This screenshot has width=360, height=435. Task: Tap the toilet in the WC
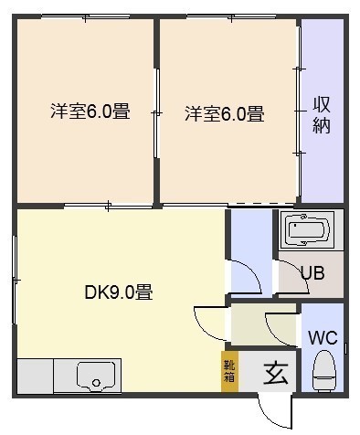click(x=323, y=371)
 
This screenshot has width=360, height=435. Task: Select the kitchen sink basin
click(x=96, y=377)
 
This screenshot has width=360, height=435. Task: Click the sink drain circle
click(x=96, y=383)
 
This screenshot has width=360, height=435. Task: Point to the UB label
click(x=312, y=272)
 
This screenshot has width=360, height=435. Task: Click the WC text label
click(x=323, y=337)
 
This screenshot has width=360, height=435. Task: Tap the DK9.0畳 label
click(x=119, y=292)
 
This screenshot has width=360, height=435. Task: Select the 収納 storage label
click(x=322, y=114)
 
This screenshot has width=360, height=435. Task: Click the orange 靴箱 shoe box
click(x=229, y=371)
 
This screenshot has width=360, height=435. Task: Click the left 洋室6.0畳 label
click(x=90, y=111)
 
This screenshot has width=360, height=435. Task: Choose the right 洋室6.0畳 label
click(x=225, y=113)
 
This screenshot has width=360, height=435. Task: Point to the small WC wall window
click(x=346, y=349)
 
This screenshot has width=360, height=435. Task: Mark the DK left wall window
click(x=15, y=280)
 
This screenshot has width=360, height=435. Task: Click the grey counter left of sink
click(x=35, y=377)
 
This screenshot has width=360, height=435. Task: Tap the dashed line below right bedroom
click(x=260, y=204)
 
